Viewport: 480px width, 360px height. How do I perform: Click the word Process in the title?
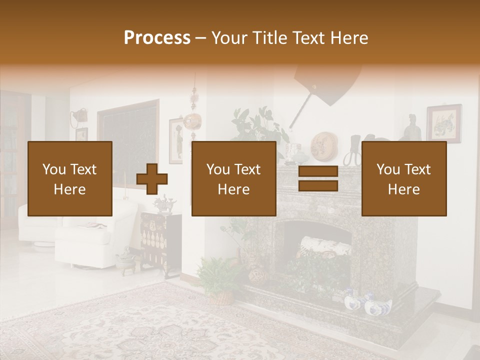(x=157, y=38)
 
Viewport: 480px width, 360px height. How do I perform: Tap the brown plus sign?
(x=152, y=179)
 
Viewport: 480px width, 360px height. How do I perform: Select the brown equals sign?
(x=318, y=179)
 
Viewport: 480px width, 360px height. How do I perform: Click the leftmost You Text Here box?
(x=70, y=178)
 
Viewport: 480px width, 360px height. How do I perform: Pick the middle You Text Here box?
(x=233, y=178)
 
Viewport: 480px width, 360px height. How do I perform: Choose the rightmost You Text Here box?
(x=403, y=178)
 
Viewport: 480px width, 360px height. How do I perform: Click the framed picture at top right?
(x=443, y=123)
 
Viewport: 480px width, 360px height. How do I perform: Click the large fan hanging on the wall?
(x=327, y=82)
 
